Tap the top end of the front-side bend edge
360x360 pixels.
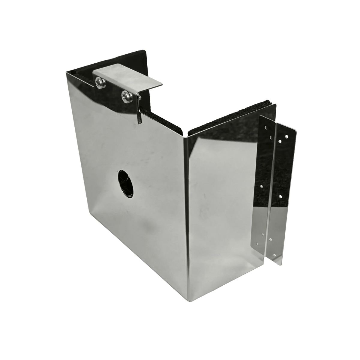click(x=187, y=132)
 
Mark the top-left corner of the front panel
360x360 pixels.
click(x=66, y=72)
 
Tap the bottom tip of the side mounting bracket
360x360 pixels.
click(x=280, y=265)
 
